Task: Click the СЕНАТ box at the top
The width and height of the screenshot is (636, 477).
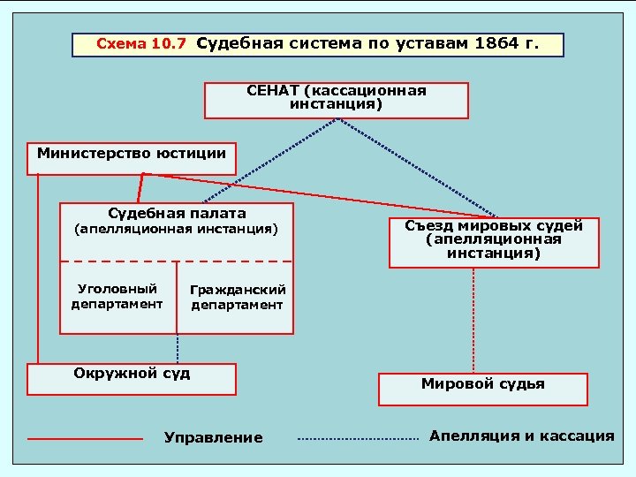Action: tap(336, 100)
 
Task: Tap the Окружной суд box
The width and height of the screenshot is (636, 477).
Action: tap(132, 378)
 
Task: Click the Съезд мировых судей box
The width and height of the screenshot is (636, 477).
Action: tap(494, 241)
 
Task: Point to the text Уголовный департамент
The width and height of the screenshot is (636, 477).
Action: tap(117, 297)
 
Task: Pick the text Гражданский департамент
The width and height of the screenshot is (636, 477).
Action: tap(237, 298)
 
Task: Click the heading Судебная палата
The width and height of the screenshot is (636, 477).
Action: tap(177, 214)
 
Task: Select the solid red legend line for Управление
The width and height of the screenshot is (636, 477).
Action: tap(85, 438)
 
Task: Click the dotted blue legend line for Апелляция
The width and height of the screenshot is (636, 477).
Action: tap(357, 438)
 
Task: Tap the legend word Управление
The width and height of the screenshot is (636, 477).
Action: tap(214, 438)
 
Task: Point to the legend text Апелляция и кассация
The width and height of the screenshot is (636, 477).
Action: tap(521, 435)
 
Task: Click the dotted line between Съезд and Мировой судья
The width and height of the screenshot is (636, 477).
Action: tap(474, 320)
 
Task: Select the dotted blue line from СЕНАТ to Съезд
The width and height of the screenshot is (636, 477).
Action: tap(415, 167)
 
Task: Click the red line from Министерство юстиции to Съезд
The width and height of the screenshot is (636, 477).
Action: tap(318, 194)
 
